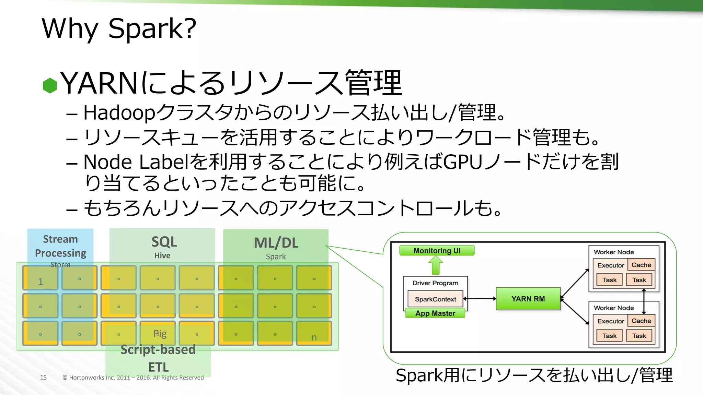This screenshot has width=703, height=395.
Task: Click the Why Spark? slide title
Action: pos(119,28)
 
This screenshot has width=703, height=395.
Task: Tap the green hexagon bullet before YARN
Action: pos(50,85)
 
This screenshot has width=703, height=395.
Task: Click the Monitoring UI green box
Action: pos(437,251)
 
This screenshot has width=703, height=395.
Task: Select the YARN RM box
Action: pos(528,299)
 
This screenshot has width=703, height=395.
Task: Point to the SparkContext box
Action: pos(435,299)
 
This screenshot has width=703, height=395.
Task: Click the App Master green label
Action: pos(435,313)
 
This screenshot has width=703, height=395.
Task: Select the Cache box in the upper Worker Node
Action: pos(641,265)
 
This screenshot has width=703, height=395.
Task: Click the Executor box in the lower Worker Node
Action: pos(610,321)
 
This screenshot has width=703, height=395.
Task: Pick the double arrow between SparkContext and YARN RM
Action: pos(480,299)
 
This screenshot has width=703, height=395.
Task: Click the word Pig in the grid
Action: pos(160,333)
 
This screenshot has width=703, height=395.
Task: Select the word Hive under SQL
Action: pos(162,255)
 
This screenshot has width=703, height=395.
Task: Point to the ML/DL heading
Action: pos(276,243)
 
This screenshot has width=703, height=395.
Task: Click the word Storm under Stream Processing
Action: pos(60,265)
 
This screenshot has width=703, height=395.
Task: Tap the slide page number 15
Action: pos(43,378)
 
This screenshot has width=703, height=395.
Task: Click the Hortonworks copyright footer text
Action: pos(133,378)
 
